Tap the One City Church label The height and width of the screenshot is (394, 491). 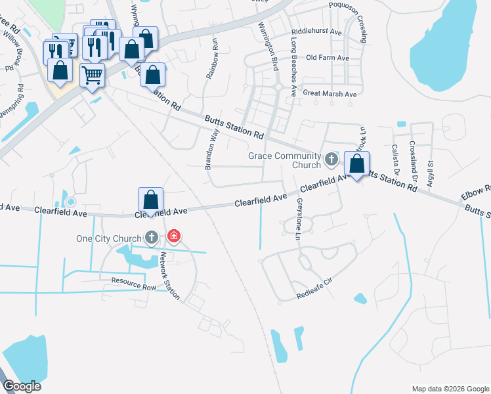pyautogui.click(x=108, y=238)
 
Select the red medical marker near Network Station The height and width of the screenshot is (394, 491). pyautogui.click(x=173, y=236)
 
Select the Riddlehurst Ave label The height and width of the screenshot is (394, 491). pyautogui.click(x=318, y=31)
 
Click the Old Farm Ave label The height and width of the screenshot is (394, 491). pyautogui.click(x=328, y=58)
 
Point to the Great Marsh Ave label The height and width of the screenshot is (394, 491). pyautogui.click(x=330, y=94)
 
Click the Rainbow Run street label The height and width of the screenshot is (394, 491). pyautogui.click(x=213, y=58)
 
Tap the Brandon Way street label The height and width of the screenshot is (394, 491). pyautogui.click(x=211, y=149)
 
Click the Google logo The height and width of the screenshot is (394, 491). pyautogui.click(x=22, y=385)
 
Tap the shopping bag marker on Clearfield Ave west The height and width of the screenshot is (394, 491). pyautogui.click(x=150, y=200)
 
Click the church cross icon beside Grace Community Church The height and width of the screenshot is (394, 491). pyautogui.click(x=331, y=157)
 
